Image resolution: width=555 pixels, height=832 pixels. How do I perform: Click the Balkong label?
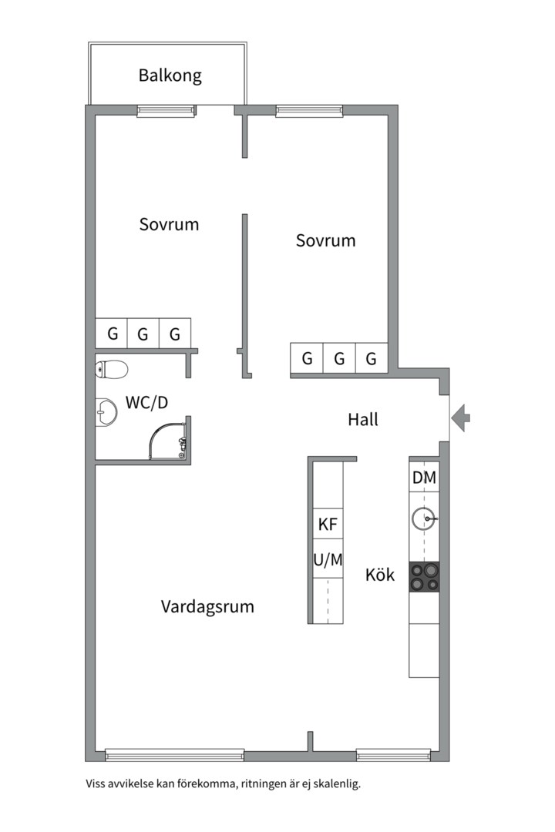tap(170, 75)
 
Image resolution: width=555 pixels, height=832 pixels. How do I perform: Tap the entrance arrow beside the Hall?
tap(461, 418)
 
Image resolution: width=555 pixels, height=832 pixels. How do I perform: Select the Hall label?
tap(362, 420)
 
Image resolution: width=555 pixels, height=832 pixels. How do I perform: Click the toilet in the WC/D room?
tap(111, 370)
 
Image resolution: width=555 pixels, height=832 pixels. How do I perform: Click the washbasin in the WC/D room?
tap(106, 413)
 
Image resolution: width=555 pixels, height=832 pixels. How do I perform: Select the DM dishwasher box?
tap(424, 478)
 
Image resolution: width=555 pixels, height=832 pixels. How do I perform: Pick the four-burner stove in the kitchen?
tap(424, 577)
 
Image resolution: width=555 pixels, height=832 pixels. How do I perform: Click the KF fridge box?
tap(328, 525)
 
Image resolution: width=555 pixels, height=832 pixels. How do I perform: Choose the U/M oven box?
tap(328, 560)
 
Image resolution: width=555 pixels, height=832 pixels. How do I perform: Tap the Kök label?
tap(380, 575)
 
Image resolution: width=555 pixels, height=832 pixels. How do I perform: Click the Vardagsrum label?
tap(207, 606)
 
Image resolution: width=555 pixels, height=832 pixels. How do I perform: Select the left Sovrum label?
tap(169, 224)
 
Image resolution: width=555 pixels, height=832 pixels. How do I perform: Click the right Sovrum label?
tap(325, 240)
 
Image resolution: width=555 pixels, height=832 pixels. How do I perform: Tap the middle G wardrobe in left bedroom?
tap(143, 334)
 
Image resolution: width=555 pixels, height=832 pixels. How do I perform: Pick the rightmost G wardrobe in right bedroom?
tap(372, 358)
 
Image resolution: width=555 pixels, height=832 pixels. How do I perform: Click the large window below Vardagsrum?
tap(174, 754)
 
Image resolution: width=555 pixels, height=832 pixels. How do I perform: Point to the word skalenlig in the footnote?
tap(333, 785)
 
